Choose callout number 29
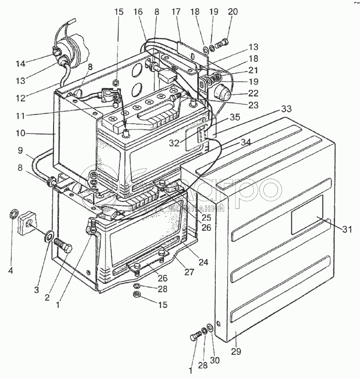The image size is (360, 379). [x=236, y=352]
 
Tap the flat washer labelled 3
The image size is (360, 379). [x=49, y=235]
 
